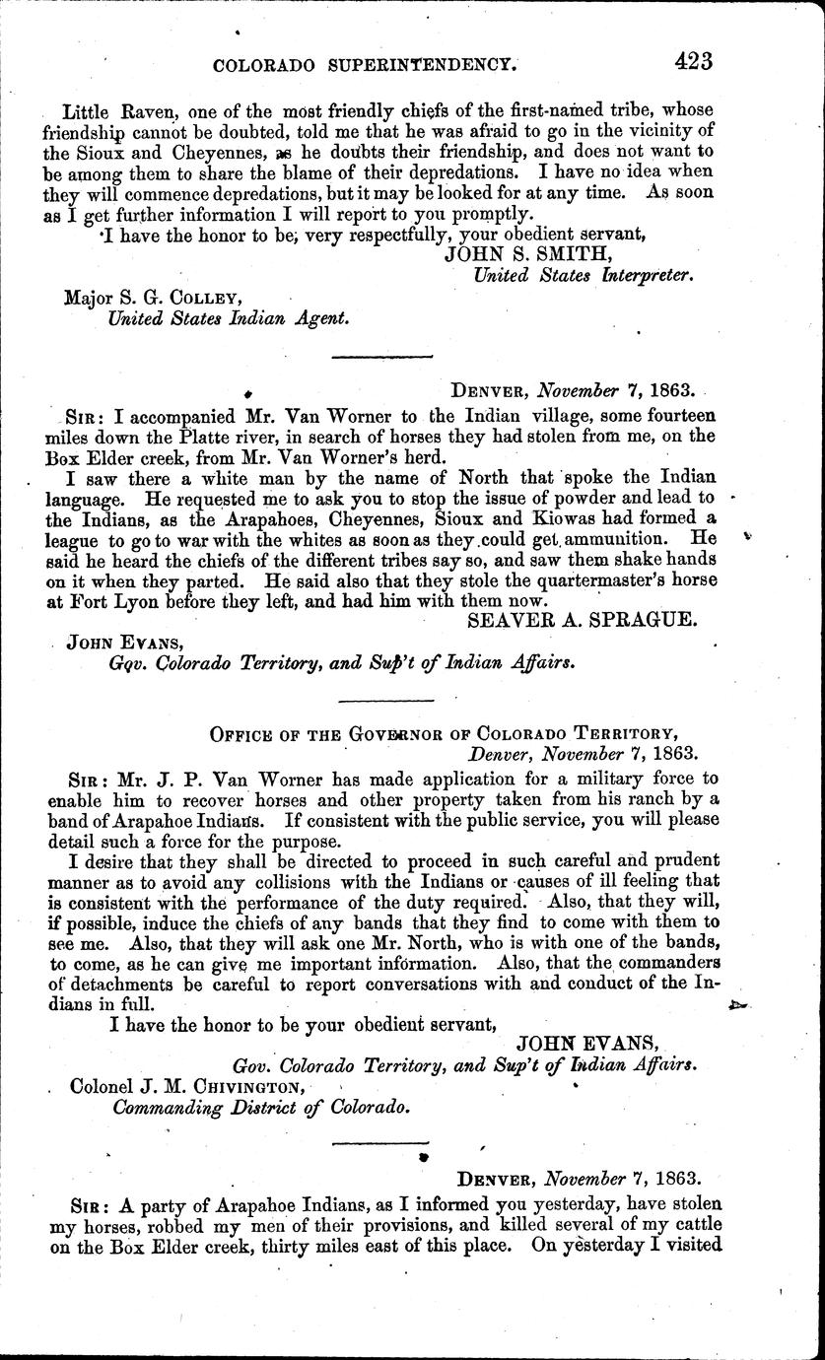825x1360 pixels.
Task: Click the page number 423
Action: pos(693,60)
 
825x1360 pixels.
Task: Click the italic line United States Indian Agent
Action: pos(228,317)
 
